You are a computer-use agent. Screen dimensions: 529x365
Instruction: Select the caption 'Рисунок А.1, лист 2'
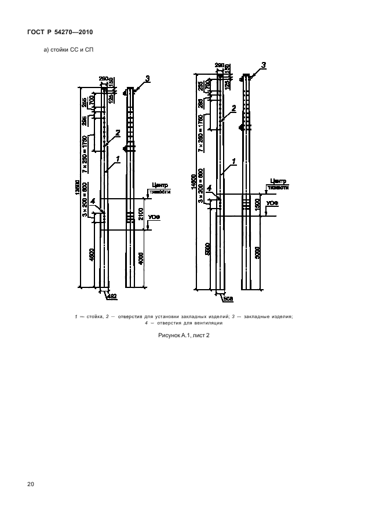(182, 336)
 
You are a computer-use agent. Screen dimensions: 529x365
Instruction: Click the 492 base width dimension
(112, 296)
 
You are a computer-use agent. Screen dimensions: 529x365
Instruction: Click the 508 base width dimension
(228, 299)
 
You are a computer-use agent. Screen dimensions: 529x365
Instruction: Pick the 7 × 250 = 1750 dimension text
(86, 154)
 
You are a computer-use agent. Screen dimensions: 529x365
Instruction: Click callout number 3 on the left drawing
(148, 78)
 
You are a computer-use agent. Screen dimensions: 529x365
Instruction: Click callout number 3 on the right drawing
(264, 65)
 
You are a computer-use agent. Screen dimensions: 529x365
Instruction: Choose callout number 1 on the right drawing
(234, 161)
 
